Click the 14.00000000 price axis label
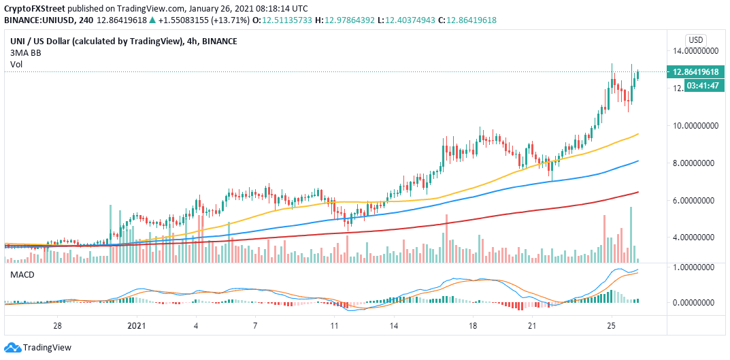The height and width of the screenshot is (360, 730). [x=697, y=51]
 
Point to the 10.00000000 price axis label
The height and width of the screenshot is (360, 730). [x=697, y=126]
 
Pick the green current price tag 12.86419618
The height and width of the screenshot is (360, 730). [x=697, y=71]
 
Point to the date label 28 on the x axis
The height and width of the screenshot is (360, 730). [x=59, y=327]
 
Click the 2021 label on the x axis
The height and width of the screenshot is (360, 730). [x=137, y=327]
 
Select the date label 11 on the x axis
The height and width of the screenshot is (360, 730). [x=333, y=327]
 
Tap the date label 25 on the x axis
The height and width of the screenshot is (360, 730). [x=612, y=327]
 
